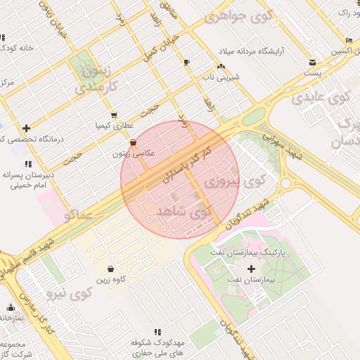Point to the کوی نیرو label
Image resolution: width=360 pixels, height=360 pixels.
(x=68, y=290)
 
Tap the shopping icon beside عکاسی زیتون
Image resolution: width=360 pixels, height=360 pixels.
(x=134, y=142)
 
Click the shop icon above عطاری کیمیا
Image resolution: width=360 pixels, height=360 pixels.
(x=114, y=115)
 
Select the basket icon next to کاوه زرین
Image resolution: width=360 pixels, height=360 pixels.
(x=111, y=269)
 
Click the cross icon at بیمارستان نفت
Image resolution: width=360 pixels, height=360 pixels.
(x=252, y=269)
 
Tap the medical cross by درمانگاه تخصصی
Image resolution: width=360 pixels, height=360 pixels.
(x=27, y=128)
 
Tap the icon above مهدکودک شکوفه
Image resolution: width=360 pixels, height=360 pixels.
(x=157, y=331)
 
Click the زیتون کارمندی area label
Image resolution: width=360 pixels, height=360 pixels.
(x=89, y=79)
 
